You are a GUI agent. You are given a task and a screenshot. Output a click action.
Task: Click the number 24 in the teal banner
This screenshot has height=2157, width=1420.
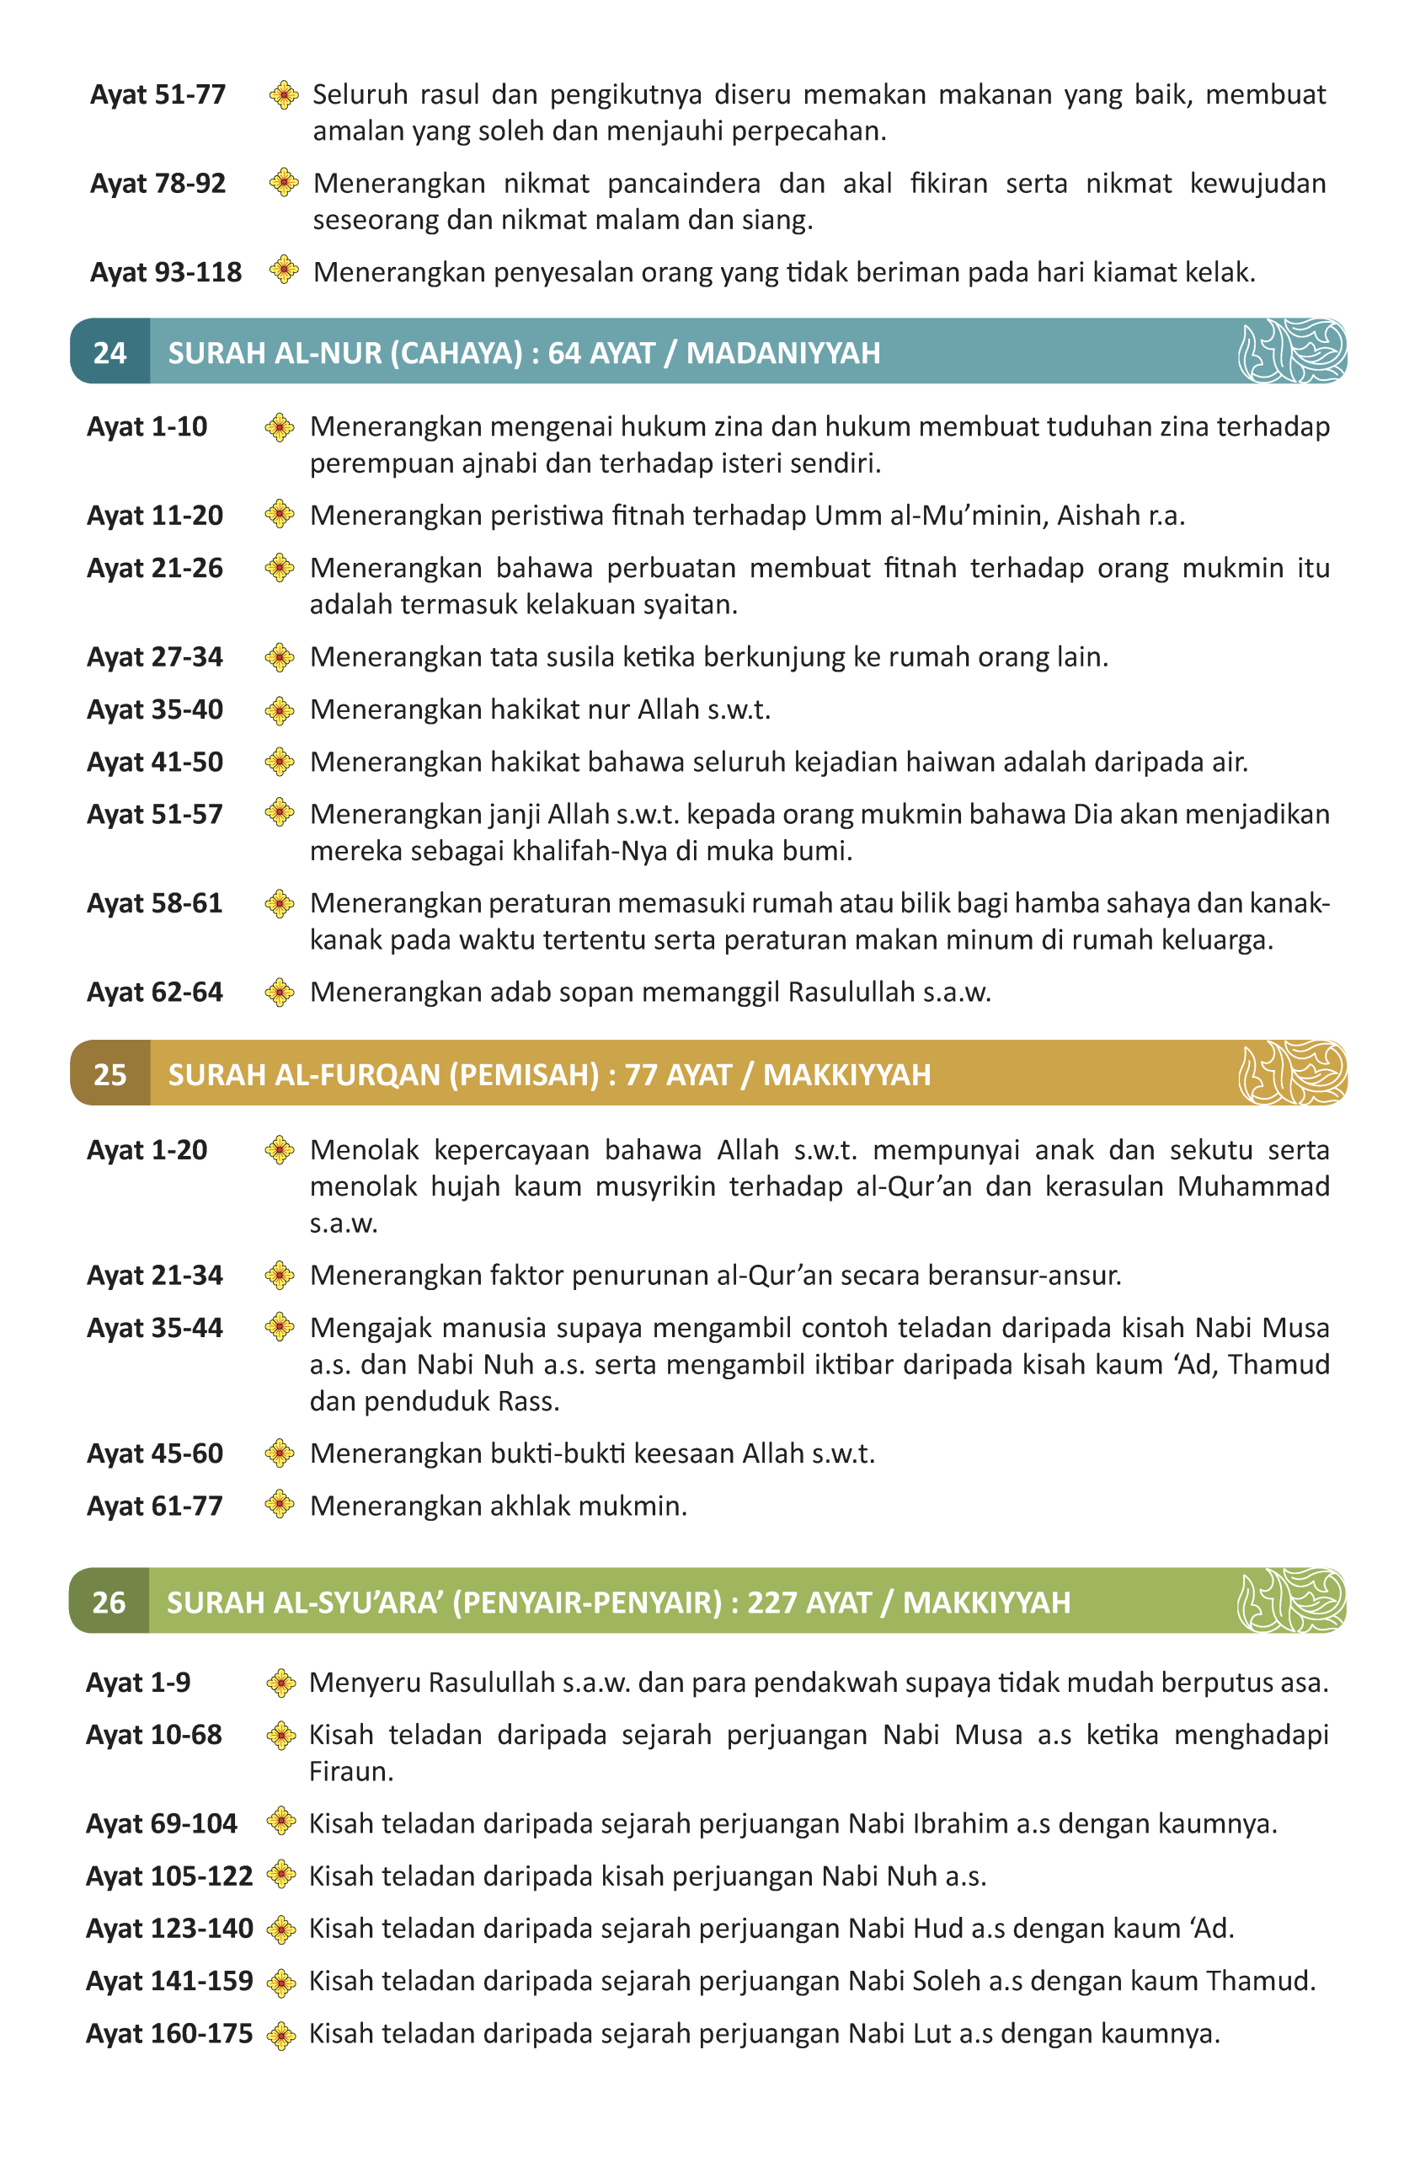[109, 352]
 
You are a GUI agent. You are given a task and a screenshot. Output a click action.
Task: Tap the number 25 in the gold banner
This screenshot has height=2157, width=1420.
[109, 1074]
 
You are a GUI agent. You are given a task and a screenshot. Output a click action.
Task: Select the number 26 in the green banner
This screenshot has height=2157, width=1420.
[109, 1603]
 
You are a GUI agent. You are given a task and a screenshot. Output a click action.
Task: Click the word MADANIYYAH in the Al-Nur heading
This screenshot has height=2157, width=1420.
[783, 352]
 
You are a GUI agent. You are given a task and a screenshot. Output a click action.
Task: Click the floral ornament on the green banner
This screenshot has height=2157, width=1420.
[1291, 1601]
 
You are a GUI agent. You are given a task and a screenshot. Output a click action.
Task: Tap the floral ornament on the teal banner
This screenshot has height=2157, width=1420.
[1292, 351]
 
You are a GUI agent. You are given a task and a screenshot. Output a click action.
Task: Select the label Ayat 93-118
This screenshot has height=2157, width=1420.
[166, 272]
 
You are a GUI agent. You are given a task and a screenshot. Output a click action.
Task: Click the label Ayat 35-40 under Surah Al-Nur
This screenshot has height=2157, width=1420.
[155, 709]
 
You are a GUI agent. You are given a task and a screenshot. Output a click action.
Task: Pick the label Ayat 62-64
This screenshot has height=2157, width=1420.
[155, 992]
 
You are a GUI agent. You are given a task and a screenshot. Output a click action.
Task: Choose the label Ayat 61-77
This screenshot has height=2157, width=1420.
[155, 1506]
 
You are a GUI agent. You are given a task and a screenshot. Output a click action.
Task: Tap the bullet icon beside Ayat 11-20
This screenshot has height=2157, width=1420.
[280, 514]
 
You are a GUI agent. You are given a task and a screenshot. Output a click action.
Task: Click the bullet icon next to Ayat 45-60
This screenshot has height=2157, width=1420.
[280, 1453]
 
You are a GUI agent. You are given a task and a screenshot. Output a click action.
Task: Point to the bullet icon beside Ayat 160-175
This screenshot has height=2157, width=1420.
[281, 2035]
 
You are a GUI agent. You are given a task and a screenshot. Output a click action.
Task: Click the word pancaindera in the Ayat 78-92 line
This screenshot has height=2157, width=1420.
[683, 183]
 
